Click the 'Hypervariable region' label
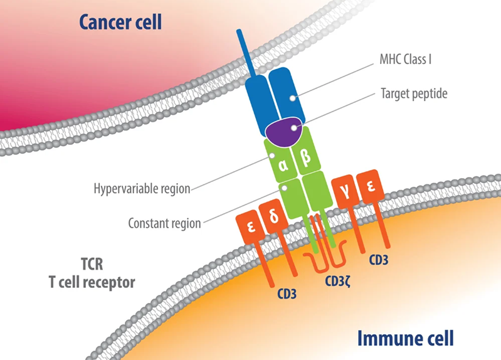point(142,188)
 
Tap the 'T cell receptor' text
point(92,282)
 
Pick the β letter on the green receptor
point(306,157)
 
